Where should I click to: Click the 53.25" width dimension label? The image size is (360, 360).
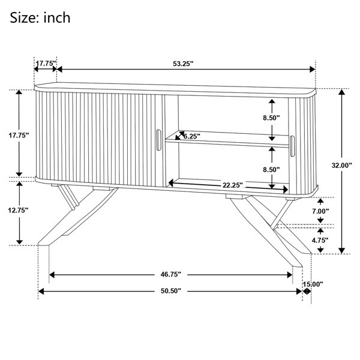point(183,64)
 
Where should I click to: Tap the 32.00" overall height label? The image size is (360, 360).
point(341,165)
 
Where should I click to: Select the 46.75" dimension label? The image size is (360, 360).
point(171,274)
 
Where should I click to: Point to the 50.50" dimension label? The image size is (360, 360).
point(171,291)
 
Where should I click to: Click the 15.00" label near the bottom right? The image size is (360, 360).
point(313,284)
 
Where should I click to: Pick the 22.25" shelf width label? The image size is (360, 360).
point(233,185)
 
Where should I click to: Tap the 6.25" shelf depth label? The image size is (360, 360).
point(192,136)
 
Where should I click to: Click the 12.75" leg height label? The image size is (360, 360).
point(19,210)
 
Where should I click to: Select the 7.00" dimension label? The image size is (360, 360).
point(320,211)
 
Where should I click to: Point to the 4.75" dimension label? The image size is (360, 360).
point(320,241)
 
